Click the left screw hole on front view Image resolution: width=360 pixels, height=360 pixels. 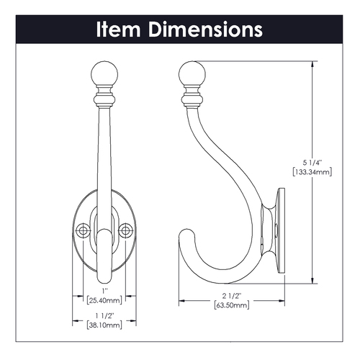click(x=83, y=230)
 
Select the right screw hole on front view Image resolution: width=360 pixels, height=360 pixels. click(x=127, y=230)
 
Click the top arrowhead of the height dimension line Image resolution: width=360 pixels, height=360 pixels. click(x=311, y=63)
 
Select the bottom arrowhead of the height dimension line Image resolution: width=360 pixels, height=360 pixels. click(x=311, y=282)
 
